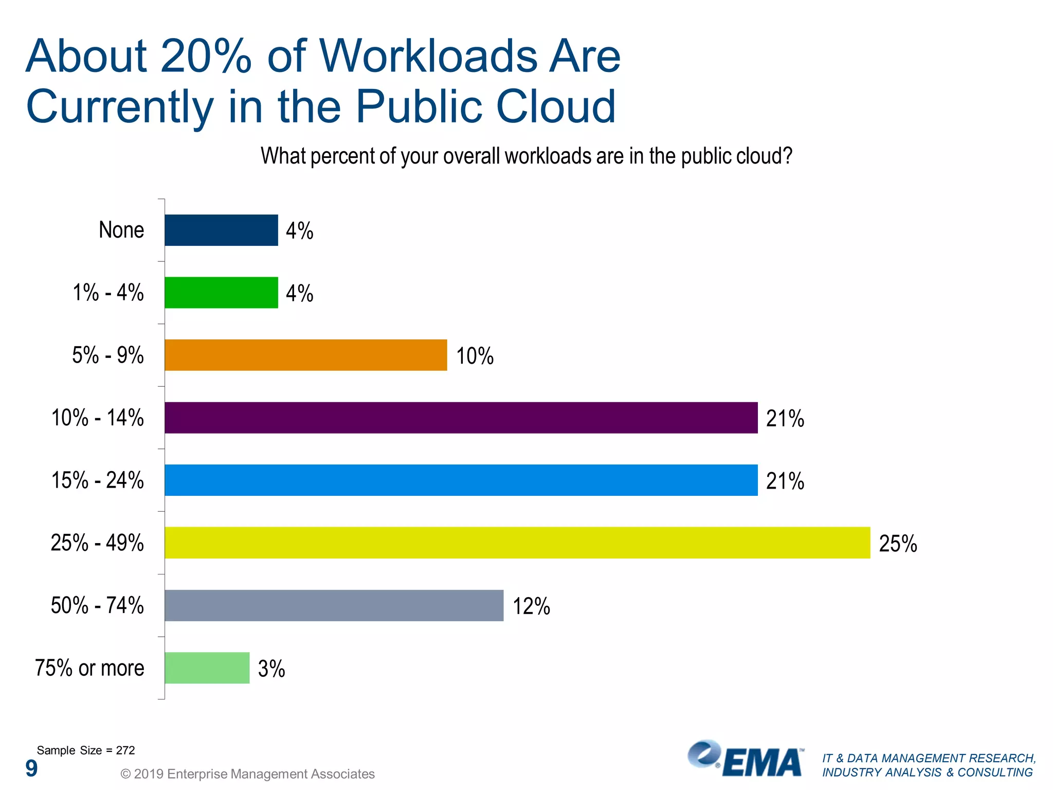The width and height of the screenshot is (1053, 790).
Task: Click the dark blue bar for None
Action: point(221,230)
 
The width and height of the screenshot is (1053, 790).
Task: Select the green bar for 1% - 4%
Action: point(221,293)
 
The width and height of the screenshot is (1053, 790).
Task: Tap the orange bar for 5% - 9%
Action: point(305,355)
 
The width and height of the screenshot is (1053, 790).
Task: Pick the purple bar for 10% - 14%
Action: point(461,418)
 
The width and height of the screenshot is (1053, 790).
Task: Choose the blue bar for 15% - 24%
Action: point(461,480)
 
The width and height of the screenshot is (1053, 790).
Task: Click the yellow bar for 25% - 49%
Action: point(517,543)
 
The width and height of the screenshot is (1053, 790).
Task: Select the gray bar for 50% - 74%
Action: point(334,605)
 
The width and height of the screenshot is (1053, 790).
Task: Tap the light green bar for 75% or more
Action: point(207,668)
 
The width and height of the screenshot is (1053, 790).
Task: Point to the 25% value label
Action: point(898,544)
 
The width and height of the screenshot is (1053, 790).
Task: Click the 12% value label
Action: point(531,606)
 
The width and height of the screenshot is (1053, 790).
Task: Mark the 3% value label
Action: point(271,669)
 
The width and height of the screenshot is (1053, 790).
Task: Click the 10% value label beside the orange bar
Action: point(475,356)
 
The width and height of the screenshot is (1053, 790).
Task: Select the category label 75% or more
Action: point(89,668)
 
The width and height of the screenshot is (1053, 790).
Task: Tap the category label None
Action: point(121,230)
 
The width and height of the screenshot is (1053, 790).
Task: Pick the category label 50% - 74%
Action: point(97,605)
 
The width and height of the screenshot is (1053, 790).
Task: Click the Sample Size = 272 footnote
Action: point(85,750)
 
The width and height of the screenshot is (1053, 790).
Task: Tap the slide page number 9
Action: point(31,768)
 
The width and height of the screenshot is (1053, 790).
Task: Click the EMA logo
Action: point(746,760)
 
